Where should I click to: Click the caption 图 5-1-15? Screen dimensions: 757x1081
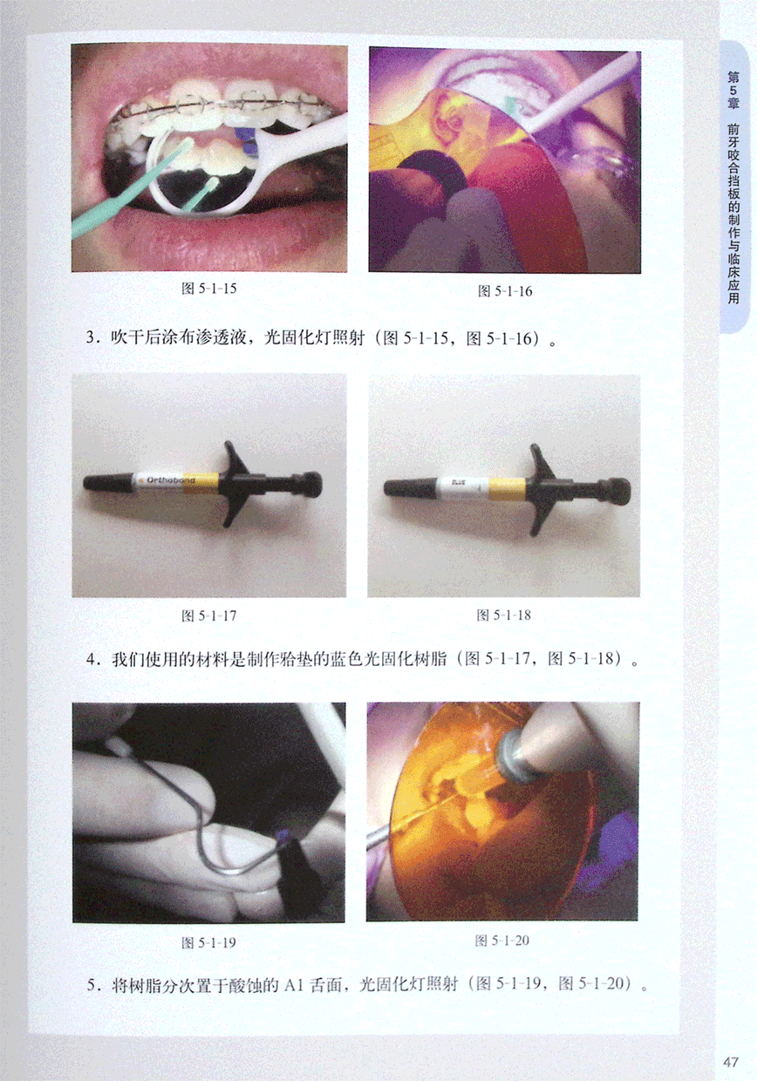pyautogui.click(x=209, y=289)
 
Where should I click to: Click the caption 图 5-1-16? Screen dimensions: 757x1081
pyautogui.click(x=504, y=291)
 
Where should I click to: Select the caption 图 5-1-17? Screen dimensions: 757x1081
pyautogui.click(x=208, y=615)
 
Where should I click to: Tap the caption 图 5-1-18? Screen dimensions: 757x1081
pyautogui.click(x=503, y=615)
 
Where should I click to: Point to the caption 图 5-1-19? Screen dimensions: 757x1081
pyautogui.click(x=208, y=942)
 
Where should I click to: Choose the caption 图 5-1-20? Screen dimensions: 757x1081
pyautogui.click(x=502, y=940)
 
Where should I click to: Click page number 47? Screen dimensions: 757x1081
pyautogui.click(x=731, y=1062)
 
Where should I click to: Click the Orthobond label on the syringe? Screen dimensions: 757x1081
pyautogui.click(x=170, y=480)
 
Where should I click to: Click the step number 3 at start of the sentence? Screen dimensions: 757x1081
pyautogui.click(x=91, y=337)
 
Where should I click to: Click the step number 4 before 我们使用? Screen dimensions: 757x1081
pyautogui.click(x=91, y=659)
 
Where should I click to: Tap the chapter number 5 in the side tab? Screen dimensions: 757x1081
pyautogui.click(x=733, y=91)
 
